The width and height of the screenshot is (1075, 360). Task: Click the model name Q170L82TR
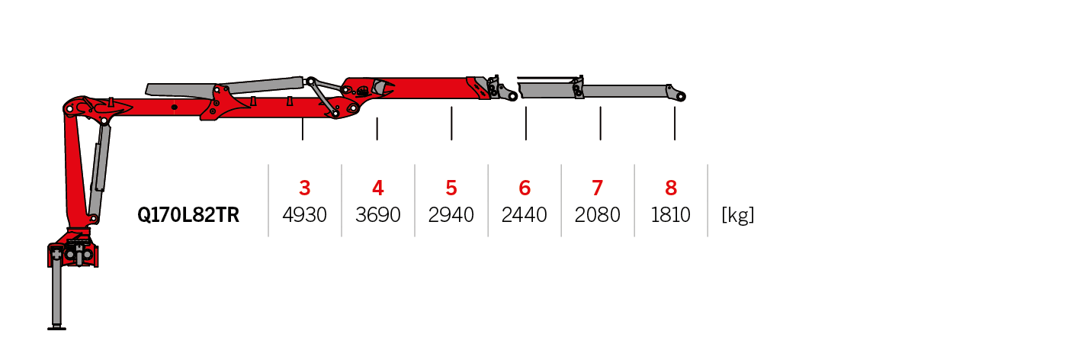point(188,216)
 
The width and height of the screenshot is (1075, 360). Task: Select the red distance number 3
point(305,188)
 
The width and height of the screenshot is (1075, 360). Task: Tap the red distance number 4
point(378,188)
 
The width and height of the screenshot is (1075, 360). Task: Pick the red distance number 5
point(451,188)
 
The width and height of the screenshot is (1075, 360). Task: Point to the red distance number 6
point(525,188)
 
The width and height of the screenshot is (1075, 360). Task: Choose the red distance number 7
point(598,188)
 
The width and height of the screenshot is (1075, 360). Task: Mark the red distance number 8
point(671,188)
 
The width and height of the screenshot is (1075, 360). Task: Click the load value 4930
point(305,216)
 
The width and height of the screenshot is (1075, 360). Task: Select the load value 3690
point(378,216)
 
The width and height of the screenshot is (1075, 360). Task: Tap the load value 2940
point(451,216)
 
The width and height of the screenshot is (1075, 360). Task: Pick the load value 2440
point(525,216)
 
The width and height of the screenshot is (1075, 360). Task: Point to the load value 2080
point(598,216)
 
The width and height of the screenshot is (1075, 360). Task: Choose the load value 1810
point(671,216)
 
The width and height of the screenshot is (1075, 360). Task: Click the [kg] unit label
point(737,216)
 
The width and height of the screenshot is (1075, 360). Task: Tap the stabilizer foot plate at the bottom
point(56,328)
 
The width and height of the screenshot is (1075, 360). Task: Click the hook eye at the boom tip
point(680,96)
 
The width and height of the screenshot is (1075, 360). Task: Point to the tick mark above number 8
point(675,124)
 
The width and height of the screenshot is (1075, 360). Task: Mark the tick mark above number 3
point(303,129)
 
